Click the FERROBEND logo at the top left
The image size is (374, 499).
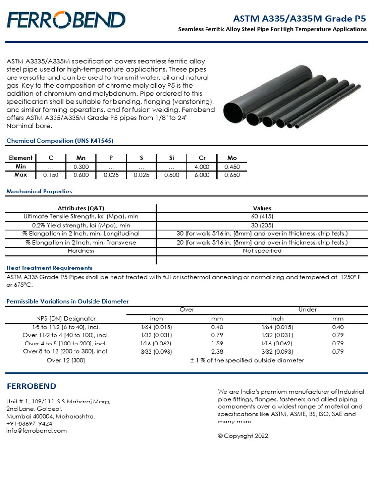pos(66,20)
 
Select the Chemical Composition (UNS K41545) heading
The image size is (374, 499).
pos(60,141)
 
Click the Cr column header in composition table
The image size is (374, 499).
pos(202,158)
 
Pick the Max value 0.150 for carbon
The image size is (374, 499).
pos(51,175)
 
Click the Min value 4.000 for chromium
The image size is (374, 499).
pos(202,167)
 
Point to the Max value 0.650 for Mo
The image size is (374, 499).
pos(232,175)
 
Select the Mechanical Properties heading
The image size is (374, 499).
pos(39,192)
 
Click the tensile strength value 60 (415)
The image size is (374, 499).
pos(262,216)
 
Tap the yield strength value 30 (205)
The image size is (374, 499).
pos(262,225)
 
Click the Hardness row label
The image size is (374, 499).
pos(81,251)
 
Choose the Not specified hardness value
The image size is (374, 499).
pos(262,251)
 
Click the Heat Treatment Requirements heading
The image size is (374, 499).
pos(49,268)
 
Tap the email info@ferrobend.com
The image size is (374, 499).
pos(37,431)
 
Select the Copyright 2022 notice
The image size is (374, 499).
pos(243,436)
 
